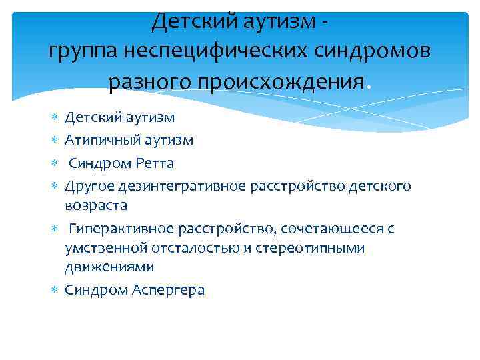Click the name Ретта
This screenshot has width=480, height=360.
[x=156, y=162]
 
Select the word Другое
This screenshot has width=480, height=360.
[x=89, y=184]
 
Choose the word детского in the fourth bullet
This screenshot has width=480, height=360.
[x=378, y=184]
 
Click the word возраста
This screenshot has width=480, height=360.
[x=96, y=205]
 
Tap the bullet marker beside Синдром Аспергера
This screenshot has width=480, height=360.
[x=55, y=290]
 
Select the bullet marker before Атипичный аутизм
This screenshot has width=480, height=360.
[x=55, y=140]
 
